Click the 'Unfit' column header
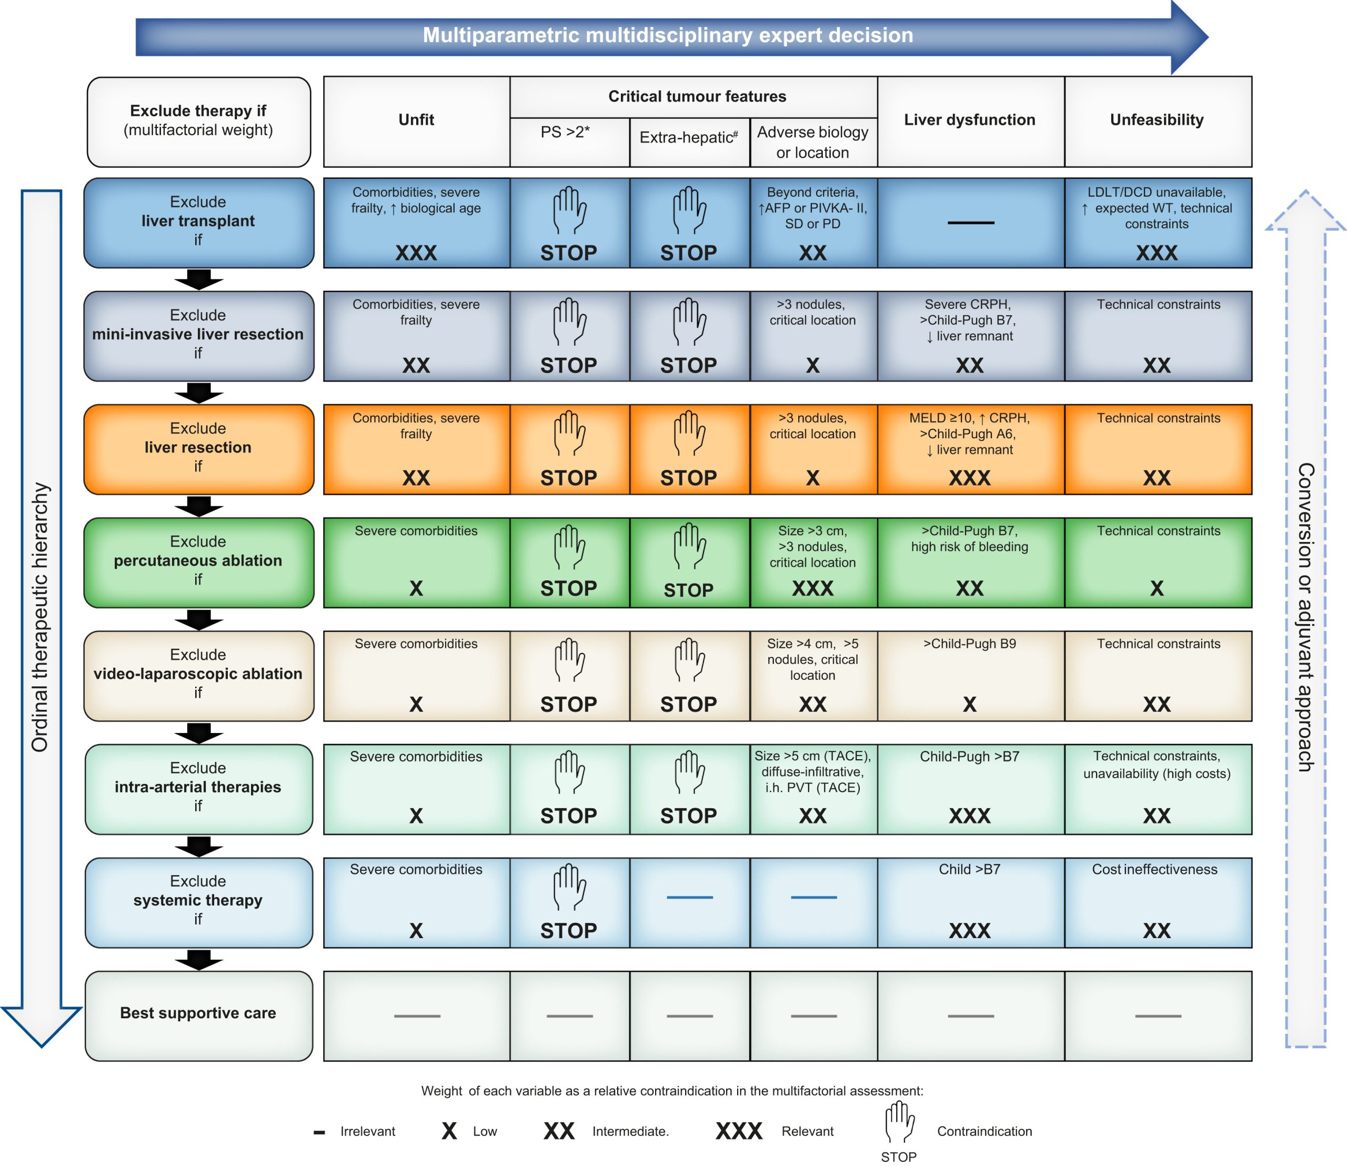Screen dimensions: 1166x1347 pyautogui.click(x=416, y=120)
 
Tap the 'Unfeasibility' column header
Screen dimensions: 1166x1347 pyautogui.click(x=1157, y=120)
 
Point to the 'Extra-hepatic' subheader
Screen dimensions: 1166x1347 pyautogui.click(x=688, y=137)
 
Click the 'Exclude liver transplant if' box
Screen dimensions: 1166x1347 pyautogui.click(x=198, y=221)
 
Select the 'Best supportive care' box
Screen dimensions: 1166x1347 pyautogui.click(x=198, y=1013)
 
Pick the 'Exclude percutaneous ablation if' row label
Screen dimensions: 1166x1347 pyautogui.click(x=198, y=560)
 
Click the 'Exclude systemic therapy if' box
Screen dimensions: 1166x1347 pyautogui.click(x=198, y=900)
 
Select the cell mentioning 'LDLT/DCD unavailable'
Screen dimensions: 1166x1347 pyautogui.click(x=1157, y=222)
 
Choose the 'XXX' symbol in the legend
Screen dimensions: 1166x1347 pyautogui.click(x=739, y=1131)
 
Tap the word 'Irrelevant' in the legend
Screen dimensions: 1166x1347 pyautogui.click(x=368, y=1131)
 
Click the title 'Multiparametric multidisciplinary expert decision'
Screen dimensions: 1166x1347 pyautogui.click(x=668, y=35)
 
